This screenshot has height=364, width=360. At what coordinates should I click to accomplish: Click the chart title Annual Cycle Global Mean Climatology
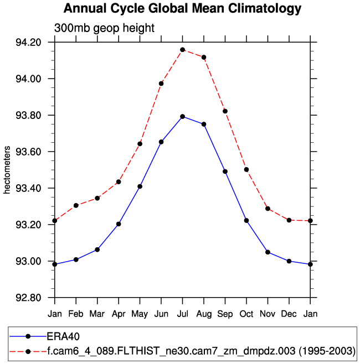point(182,9)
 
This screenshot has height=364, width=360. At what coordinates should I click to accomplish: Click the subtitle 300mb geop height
point(104,28)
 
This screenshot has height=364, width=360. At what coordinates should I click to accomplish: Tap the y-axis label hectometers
point(7,170)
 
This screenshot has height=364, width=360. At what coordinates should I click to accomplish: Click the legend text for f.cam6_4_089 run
point(200,351)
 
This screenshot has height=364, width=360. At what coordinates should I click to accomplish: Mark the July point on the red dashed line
point(182,50)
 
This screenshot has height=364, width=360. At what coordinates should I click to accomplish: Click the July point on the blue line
point(182,116)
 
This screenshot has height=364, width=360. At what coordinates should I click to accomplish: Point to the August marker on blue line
point(204,124)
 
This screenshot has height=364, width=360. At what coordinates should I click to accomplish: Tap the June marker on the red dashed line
point(161,84)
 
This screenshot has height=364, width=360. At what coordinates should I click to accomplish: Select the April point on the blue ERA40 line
point(119,224)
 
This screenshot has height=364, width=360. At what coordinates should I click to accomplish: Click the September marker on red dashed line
point(225,111)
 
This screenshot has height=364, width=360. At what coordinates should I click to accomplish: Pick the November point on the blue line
point(268,252)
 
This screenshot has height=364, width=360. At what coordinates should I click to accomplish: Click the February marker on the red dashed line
point(76,205)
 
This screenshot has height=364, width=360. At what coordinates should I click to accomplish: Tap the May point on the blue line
point(140,186)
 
